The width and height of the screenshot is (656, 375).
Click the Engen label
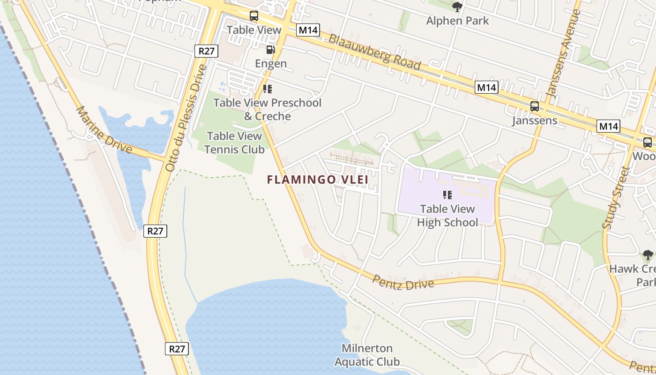point(271,63)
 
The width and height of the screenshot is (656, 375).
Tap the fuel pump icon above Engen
point(270,49)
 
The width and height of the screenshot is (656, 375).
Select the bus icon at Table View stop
point(253,16)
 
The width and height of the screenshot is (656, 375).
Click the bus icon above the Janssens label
point(534,106)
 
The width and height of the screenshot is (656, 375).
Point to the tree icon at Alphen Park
point(457,7)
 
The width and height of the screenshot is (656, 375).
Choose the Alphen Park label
point(457,21)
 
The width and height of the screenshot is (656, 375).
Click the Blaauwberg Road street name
point(374,52)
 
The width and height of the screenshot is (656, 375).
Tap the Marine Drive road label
point(104,129)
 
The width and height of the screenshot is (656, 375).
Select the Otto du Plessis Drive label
point(186,117)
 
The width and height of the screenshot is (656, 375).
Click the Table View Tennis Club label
point(234,142)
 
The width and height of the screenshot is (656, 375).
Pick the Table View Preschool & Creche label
point(268,109)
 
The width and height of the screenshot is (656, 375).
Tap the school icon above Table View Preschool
point(267,89)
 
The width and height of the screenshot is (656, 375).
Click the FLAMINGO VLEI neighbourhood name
point(318,180)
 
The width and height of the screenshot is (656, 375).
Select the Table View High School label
point(447,216)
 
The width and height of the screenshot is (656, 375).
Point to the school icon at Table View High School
point(447,195)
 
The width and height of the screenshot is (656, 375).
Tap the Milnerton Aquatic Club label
point(367,355)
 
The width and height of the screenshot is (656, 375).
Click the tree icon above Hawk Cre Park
point(648,255)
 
